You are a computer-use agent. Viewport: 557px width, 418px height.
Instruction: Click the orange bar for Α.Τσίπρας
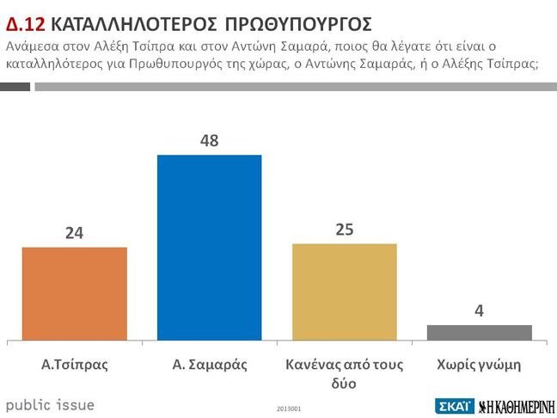[x=74, y=293]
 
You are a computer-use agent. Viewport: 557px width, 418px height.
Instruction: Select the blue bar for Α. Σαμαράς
[x=209, y=248]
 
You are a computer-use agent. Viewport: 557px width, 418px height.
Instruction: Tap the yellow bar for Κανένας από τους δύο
[x=345, y=292]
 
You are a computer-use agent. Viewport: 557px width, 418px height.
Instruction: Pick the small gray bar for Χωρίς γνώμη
[x=480, y=332]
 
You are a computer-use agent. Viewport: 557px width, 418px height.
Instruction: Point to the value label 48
[x=209, y=140]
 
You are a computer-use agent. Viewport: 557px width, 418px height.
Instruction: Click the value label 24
[x=74, y=232]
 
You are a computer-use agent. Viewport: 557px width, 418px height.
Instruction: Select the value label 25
[x=345, y=229]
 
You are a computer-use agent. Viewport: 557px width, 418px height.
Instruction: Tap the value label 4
[x=480, y=310]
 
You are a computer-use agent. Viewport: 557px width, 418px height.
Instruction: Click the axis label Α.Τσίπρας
[x=75, y=364]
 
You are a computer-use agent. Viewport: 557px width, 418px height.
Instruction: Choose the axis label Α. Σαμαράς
[x=209, y=364]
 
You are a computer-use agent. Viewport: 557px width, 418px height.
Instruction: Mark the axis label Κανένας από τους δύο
[x=344, y=373]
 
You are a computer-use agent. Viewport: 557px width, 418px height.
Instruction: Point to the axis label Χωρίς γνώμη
[x=480, y=364]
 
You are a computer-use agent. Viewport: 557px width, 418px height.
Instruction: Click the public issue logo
[x=51, y=404]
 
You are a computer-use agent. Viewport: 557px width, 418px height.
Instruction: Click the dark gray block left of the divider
[x=15, y=86]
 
